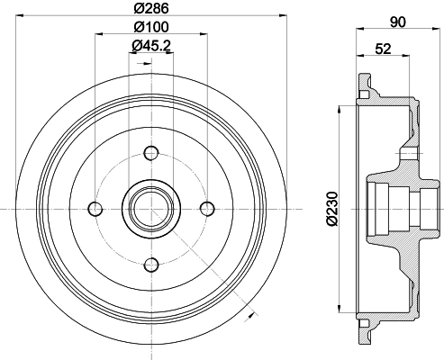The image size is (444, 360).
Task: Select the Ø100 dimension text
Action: point(151,29)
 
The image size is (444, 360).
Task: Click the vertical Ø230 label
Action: point(332,208)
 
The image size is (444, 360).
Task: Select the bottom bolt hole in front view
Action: point(151,264)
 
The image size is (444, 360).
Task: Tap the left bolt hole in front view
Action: point(95,209)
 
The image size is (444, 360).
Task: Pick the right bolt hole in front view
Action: point(207,209)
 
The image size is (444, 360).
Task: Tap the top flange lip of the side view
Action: point(364,87)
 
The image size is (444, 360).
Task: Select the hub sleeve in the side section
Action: point(396,208)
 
